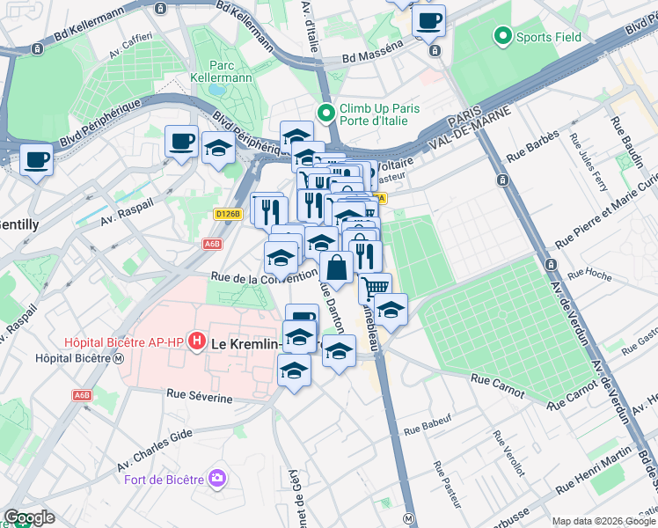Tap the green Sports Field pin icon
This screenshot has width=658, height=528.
503,37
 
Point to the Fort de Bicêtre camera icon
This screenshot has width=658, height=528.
216,479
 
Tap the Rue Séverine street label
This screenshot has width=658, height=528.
199,399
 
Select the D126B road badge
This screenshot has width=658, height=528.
227,213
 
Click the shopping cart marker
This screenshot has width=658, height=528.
375,287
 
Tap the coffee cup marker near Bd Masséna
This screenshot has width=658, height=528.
428,21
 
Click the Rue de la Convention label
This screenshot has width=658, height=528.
263,278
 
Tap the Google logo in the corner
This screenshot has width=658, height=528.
28,517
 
